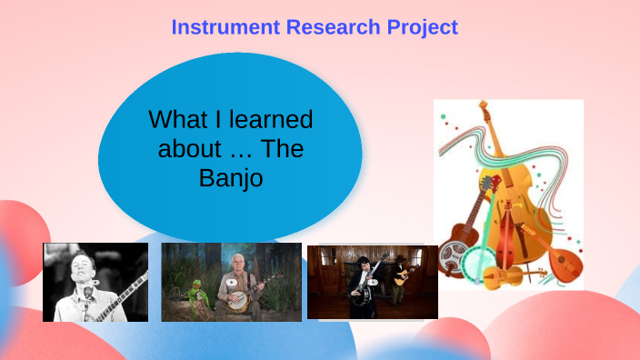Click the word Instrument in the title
[226, 27]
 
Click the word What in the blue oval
[176, 119]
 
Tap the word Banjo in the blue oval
[231, 177]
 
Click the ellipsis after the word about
[236, 150]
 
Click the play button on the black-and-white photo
[95, 283]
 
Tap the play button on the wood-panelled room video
[373, 282]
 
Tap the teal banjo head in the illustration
[476, 265]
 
